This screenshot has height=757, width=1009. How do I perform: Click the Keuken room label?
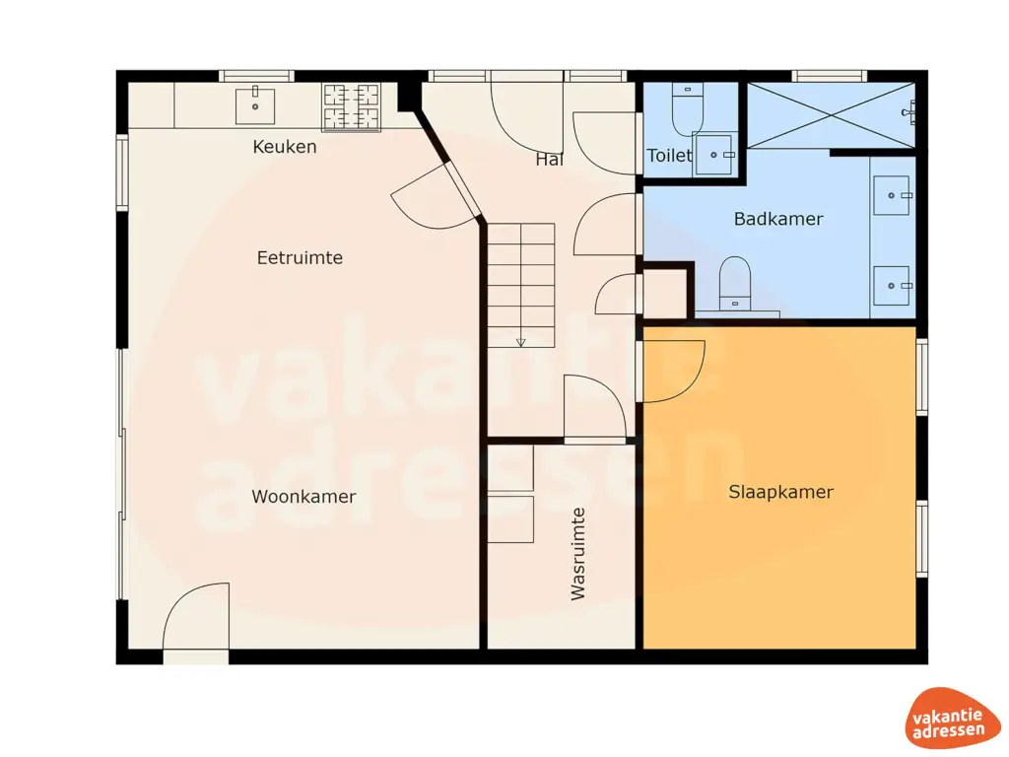285,147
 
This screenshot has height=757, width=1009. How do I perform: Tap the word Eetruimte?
300,258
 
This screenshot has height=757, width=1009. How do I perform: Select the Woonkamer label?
303,497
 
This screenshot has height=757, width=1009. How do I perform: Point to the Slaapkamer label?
780,492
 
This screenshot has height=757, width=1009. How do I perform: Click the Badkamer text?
777,219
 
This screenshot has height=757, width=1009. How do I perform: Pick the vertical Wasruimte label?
578,553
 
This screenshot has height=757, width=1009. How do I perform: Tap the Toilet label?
669,156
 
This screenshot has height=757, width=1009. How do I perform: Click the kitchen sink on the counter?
255,104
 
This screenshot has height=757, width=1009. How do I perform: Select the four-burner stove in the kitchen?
352,106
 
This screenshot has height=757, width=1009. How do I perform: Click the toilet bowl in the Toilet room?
687,110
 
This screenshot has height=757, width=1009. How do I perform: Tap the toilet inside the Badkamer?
735,282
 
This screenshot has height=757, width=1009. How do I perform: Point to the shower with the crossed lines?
830,115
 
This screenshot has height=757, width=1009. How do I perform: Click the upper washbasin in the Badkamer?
893,196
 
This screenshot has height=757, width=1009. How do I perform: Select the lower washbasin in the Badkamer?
893,286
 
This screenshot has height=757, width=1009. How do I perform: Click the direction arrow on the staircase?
520,342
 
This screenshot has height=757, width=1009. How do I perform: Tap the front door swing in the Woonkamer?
195,618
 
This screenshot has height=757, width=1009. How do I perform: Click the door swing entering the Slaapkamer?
673,372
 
